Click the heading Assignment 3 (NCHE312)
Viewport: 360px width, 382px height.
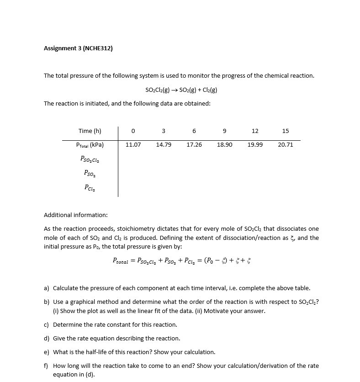point(78,48)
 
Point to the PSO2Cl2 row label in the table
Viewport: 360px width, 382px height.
point(90,159)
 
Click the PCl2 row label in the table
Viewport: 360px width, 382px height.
point(90,187)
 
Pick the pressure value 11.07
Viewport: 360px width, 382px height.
point(133,145)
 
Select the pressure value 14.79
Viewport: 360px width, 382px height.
point(164,145)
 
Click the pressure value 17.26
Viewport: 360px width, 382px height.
point(194,145)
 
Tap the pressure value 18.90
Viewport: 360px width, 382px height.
point(224,145)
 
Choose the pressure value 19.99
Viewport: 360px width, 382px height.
point(255,145)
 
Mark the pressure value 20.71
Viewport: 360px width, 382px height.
point(286,145)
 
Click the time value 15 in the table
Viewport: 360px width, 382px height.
point(286,131)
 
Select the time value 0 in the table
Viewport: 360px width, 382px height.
point(133,131)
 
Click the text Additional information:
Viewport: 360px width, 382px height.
point(76,215)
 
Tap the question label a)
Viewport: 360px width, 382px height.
point(47,288)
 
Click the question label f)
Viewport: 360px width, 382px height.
point(46,366)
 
